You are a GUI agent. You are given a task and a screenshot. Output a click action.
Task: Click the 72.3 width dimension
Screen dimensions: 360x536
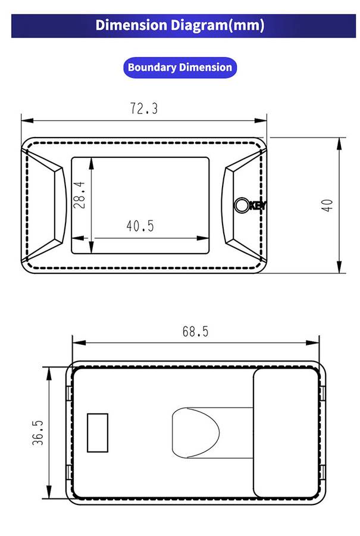[x=144, y=108]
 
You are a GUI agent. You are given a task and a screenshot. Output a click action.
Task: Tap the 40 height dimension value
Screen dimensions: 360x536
[x=327, y=205]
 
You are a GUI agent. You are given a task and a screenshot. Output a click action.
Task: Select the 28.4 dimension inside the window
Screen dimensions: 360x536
[x=79, y=195]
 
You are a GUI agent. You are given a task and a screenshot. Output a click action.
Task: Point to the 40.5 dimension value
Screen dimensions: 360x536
[x=140, y=226]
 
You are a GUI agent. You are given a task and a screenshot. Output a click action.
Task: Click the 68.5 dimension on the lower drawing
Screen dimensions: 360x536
[x=195, y=331]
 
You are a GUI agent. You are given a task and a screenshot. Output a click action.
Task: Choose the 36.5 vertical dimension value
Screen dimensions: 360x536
[x=38, y=433]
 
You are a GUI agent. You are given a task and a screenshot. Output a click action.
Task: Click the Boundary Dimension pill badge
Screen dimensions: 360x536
[x=180, y=67]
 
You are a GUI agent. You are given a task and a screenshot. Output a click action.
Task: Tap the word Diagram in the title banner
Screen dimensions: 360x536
[x=199, y=25]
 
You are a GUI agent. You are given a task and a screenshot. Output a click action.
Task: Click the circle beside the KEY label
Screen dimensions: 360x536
[x=241, y=205]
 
